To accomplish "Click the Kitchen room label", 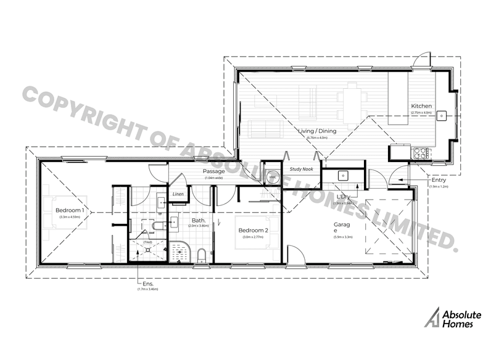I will [422, 106].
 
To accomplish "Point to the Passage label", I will [214, 171].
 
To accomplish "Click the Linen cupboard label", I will [178, 194].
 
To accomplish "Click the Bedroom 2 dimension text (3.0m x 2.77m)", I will [254, 237].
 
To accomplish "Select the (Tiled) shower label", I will [147, 242].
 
